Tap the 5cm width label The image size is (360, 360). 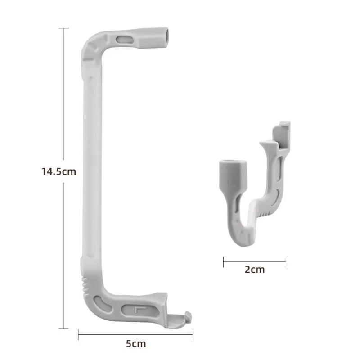click(x=135, y=344)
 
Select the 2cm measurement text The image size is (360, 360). click(x=255, y=270)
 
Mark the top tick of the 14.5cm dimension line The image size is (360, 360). click(x=63, y=28)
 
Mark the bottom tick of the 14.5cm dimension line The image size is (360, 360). click(x=63, y=328)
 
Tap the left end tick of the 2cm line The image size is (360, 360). click(x=224, y=261)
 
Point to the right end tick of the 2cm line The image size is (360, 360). click(x=286, y=261)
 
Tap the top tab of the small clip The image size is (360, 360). click(x=284, y=126)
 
